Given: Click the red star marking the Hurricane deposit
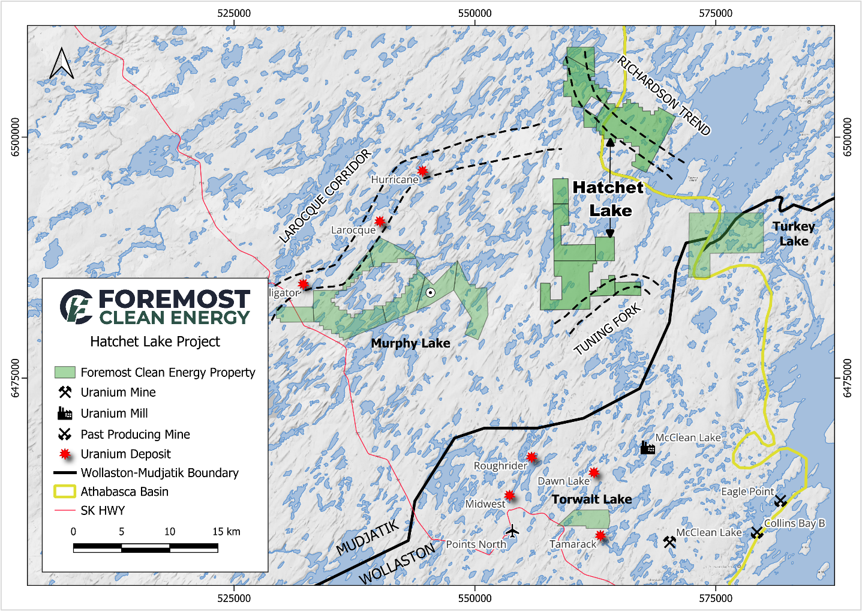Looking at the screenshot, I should [x=422, y=171].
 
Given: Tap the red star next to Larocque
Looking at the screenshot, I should [x=380, y=221].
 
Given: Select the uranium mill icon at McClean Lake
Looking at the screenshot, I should [x=647, y=447].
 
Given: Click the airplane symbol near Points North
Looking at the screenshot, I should [x=512, y=531].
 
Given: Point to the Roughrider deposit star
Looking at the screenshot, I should [x=531, y=457].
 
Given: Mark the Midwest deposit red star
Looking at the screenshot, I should [x=509, y=495].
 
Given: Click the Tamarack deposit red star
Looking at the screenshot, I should [x=600, y=535].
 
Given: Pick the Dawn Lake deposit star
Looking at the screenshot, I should [x=593, y=472].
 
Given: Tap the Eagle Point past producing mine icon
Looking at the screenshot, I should [x=780, y=500].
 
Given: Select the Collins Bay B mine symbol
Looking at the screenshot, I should [x=756, y=532].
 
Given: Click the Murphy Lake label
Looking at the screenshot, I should [x=410, y=343].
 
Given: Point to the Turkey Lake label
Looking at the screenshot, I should [x=793, y=233].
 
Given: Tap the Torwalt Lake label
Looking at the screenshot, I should [x=591, y=499].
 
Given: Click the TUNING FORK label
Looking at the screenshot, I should [x=607, y=330].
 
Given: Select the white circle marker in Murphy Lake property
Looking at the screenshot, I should [x=430, y=292].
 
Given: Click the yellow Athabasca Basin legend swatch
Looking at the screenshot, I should [x=65, y=492].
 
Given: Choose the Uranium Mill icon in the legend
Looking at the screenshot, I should [x=65, y=413].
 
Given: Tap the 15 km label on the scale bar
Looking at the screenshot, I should [x=226, y=532].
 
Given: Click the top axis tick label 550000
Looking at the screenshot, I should [x=474, y=13].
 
